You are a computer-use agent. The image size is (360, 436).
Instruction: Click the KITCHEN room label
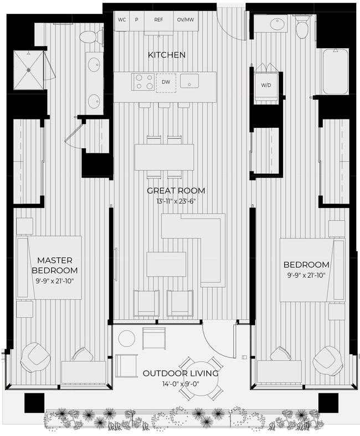click(166, 55)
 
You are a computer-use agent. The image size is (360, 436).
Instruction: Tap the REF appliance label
click(158, 20)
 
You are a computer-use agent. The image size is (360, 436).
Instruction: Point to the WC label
click(122, 20)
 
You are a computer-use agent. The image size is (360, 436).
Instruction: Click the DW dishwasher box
click(166, 82)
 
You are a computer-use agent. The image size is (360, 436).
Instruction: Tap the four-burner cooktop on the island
click(143, 82)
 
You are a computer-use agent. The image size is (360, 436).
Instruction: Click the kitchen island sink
click(190, 81)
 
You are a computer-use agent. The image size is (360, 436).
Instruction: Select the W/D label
click(266, 85)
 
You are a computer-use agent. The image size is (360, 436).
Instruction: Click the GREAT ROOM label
click(176, 191)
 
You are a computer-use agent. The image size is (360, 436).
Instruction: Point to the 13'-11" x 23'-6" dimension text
click(176, 201)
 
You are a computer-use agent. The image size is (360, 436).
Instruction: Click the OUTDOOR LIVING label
click(180, 373)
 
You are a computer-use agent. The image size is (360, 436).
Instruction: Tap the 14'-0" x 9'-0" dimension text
click(180, 384)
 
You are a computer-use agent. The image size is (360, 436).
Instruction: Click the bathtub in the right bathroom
click(336, 71)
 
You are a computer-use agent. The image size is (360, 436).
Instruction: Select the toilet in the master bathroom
click(90, 37)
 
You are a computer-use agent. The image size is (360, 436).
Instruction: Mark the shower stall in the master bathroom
click(28, 70)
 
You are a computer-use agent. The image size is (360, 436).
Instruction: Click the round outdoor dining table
click(201, 380)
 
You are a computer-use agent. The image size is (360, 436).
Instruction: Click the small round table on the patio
click(127, 338)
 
